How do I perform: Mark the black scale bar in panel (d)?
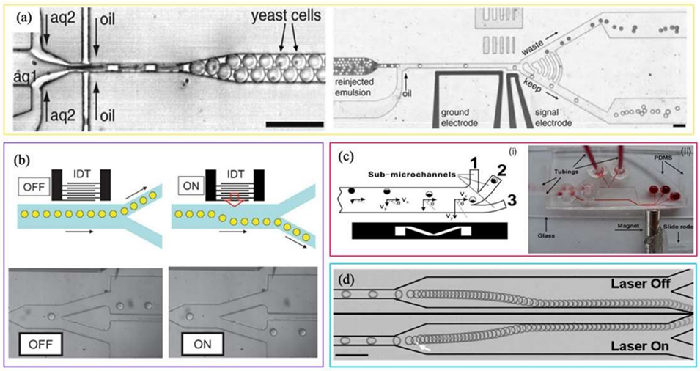(353, 356)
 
